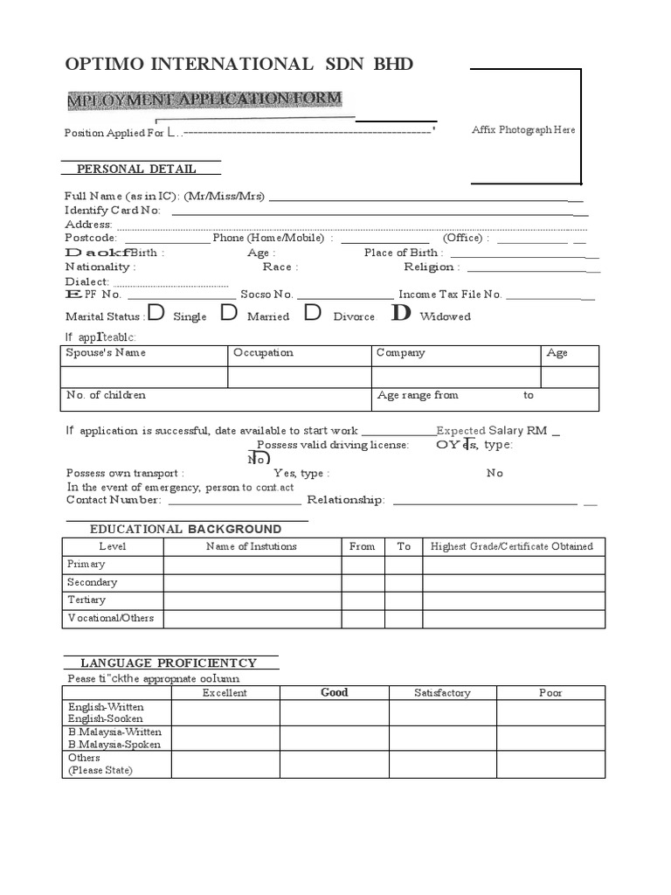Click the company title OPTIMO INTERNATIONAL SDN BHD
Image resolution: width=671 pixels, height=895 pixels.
pos(239,65)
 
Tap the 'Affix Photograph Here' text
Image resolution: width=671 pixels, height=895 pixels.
pos(523,129)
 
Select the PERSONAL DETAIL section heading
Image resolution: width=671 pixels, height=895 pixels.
pos(136,169)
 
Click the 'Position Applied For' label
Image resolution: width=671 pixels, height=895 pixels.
pos(114,134)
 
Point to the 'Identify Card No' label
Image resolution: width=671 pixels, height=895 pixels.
pos(113,210)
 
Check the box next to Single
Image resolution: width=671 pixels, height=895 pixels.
pos(156,313)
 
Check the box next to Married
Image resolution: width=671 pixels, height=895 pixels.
pos(229,313)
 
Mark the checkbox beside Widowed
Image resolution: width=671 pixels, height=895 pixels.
pos(401,313)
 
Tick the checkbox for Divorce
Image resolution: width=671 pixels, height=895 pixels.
pos(312,313)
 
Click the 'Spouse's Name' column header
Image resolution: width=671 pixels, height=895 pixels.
pos(106,353)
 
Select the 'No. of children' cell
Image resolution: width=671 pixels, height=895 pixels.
pos(107,395)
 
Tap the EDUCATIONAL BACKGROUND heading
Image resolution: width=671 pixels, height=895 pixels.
pos(185,529)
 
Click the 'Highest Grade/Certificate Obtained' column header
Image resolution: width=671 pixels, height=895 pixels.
pos(512,546)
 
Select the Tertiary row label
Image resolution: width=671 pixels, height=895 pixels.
pos(86,600)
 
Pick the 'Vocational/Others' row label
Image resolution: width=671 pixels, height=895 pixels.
pos(111,618)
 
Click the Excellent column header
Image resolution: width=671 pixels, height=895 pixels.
pos(225,692)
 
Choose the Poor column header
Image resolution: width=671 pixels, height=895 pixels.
pos(550,692)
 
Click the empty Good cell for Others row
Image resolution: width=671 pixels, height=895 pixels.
pos(334,764)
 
